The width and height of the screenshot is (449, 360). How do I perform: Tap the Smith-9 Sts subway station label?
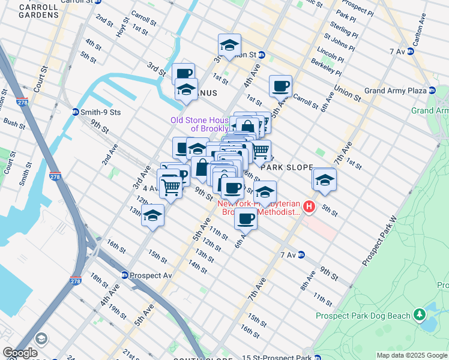96,112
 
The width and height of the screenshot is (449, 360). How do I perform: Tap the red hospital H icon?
309,208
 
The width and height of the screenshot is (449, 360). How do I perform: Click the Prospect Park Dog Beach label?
364,316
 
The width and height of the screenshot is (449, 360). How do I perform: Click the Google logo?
20,353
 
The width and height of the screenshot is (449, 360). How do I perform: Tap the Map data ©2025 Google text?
411,355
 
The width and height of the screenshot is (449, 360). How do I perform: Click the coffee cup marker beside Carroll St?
280,86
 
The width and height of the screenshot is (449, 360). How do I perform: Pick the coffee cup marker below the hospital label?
245,218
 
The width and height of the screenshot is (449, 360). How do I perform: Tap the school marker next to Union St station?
229,45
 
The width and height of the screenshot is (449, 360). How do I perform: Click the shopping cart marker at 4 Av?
170,187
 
